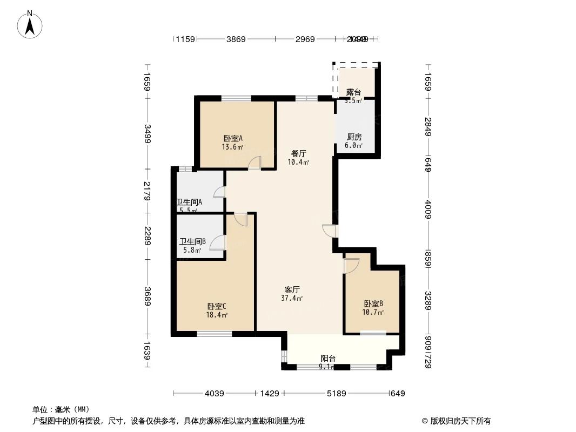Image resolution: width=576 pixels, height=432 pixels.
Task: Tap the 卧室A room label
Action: (x=233, y=138)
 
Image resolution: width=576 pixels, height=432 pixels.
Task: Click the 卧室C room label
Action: (x=217, y=306)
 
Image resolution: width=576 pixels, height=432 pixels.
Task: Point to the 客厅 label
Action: (x=292, y=289)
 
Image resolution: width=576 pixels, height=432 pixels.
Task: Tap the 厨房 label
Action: (x=354, y=137)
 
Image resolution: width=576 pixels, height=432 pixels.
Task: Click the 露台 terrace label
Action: (x=354, y=92)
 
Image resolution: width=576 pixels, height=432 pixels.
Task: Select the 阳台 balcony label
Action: (x=328, y=358)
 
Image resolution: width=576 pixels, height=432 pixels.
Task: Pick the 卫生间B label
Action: (x=192, y=241)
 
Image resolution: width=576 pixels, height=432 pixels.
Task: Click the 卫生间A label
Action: (x=189, y=202)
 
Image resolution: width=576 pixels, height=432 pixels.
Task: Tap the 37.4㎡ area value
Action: (x=292, y=298)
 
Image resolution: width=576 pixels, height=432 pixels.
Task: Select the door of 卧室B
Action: (x=351, y=266)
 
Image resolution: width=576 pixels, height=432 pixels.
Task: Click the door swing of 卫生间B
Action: (x=217, y=242)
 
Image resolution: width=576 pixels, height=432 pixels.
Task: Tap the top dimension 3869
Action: (x=236, y=39)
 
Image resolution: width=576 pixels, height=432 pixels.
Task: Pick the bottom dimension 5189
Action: (x=336, y=394)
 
